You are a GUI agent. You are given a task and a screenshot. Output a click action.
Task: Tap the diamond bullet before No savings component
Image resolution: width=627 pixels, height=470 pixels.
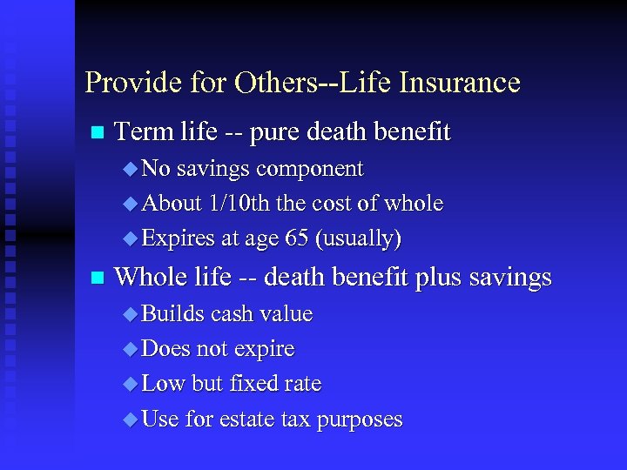point(131,169)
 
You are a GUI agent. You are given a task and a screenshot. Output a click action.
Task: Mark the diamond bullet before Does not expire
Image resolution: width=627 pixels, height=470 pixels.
point(131,350)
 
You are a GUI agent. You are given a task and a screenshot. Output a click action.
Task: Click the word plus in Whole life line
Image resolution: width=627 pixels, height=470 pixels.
point(439,279)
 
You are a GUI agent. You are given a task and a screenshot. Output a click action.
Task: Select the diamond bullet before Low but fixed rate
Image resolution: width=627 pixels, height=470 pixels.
point(131,385)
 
